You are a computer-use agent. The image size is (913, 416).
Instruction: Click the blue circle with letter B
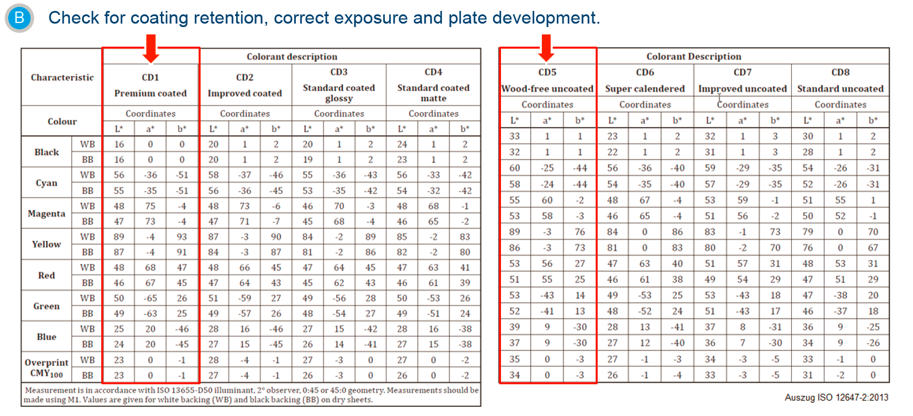[19, 18]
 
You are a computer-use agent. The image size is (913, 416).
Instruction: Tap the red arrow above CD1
[151, 48]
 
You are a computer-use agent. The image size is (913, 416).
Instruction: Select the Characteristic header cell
[63, 78]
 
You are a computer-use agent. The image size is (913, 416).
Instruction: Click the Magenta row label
[47, 213]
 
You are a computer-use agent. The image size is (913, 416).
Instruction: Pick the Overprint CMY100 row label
[47, 368]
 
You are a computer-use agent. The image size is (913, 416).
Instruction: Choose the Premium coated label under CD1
[151, 93]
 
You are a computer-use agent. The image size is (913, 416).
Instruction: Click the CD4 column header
[433, 72]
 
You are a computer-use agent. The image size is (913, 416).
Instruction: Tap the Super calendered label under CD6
[645, 89]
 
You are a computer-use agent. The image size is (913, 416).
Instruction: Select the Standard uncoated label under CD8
[841, 89]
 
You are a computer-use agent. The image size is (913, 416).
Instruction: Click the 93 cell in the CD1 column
[182, 237]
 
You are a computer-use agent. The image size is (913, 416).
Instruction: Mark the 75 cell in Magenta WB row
[151, 206]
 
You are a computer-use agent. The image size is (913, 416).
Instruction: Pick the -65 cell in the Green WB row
[151, 298]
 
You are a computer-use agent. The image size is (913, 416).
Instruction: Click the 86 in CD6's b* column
[677, 232]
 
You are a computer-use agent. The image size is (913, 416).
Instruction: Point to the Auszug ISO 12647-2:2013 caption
[837, 397]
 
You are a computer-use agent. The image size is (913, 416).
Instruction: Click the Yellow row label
[47, 244]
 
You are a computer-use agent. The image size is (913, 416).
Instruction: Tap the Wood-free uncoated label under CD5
[548, 89]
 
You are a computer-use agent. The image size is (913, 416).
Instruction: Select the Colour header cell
[62, 121]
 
